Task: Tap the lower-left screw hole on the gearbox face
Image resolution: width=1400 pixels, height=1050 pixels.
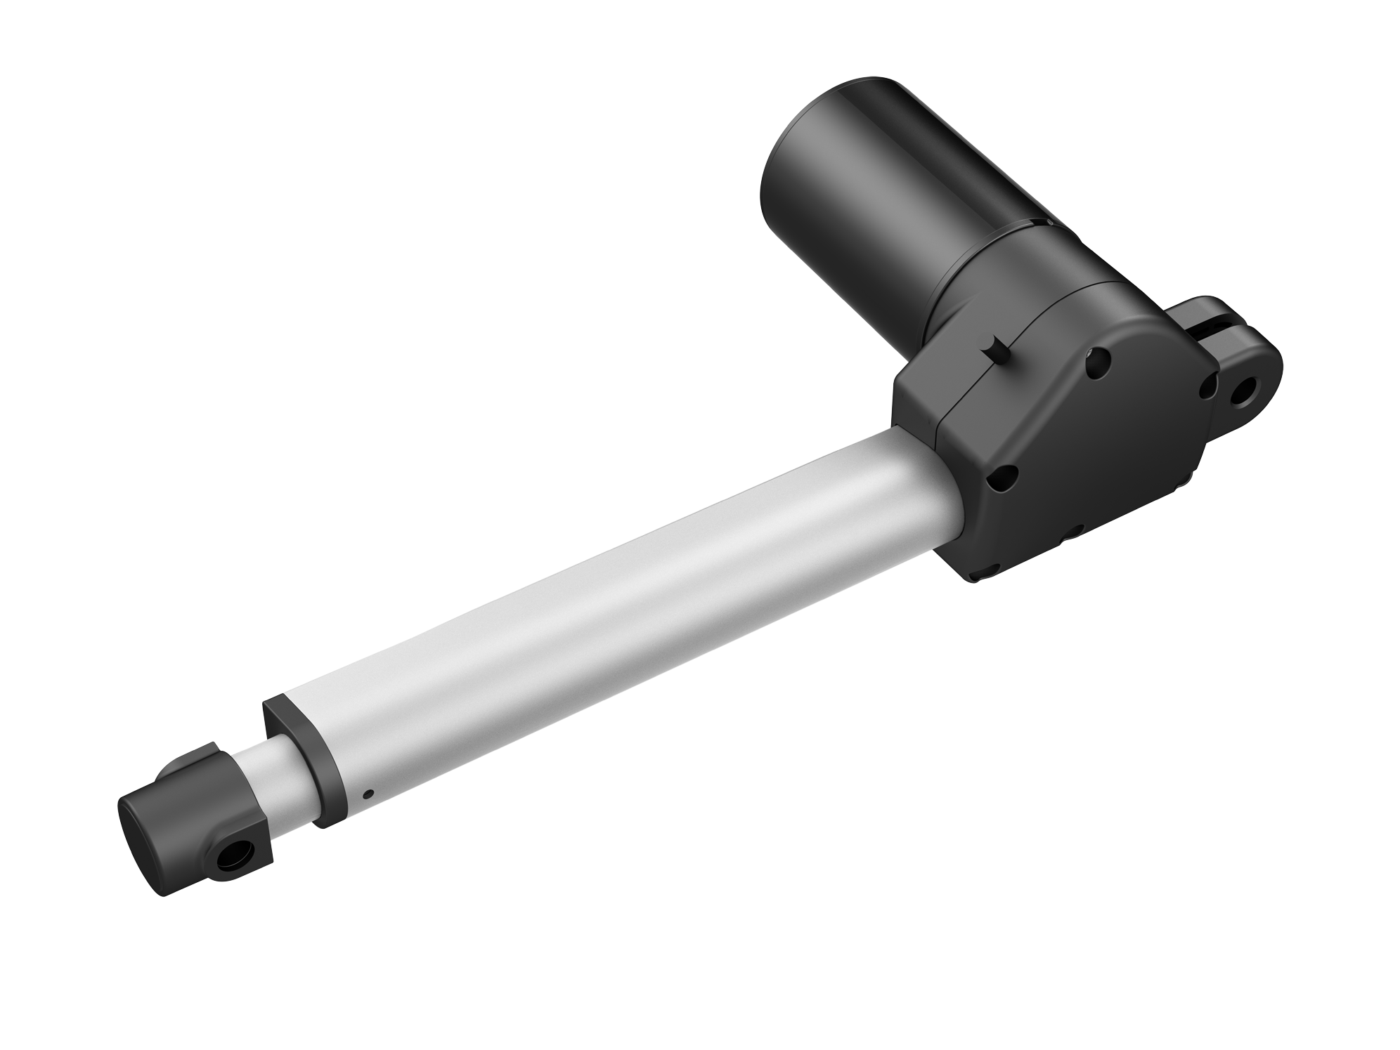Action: [x=1001, y=482]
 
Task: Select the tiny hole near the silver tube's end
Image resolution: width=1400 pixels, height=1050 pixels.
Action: [x=368, y=795]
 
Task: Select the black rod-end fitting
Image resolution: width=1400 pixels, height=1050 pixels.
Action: [x=197, y=836]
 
